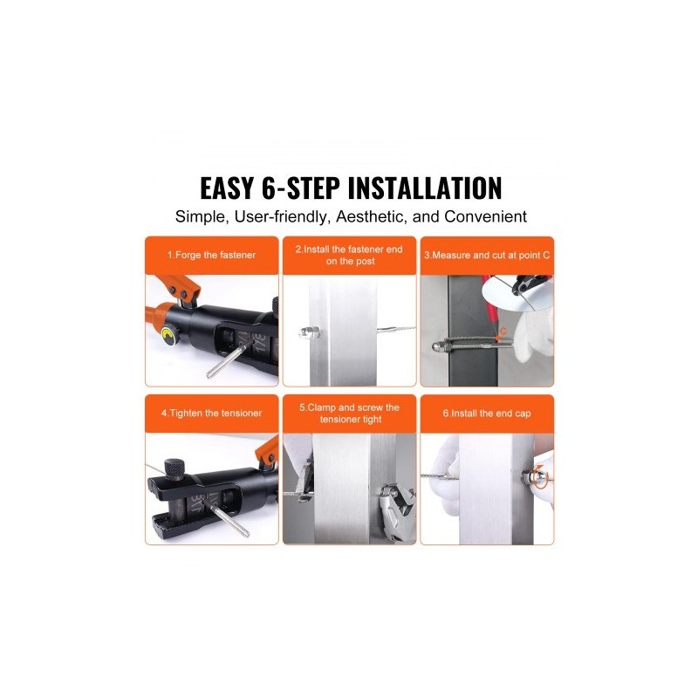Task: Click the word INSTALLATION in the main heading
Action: coord(425,188)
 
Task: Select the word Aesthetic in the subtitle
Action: coord(371,216)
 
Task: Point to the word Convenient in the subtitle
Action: coord(485,216)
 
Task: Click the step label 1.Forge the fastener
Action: coord(211,255)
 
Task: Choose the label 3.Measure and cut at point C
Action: coord(487,255)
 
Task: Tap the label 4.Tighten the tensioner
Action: coord(211,413)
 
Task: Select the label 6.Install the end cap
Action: coord(487,414)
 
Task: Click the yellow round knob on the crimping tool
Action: coord(169,336)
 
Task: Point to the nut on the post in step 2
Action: coord(310,332)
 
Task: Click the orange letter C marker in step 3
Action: coord(503,331)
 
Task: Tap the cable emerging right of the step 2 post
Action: coord(396,331)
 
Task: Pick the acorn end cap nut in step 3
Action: coord(438,346)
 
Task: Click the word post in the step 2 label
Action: coord(366,261)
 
